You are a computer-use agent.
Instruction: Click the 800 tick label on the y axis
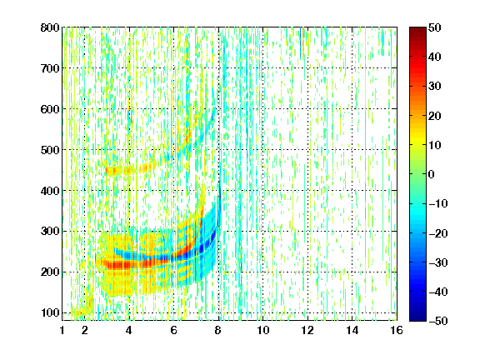pyautogui.click(x=50, y=27)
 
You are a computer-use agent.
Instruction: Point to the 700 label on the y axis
pyautogui.click(x=50, y=68)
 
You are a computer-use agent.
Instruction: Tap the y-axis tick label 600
pyautogui.click(x=50, y=109)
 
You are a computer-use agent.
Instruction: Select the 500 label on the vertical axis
pyautogui.click(x=50, y=150)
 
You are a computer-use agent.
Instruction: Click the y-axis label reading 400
pyautogui.click(x=50, y=191)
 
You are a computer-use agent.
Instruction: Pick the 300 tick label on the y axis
pyautogui.click(x=50, y=232)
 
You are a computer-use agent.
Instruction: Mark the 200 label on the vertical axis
pyautogui.click(x=50, y=272)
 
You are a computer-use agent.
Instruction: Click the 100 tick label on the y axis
pyautogui.click(x=50, y=312)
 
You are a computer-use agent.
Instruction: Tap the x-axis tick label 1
pyautogui.click(x=62, y=330)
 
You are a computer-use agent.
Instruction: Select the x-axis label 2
pyautogui.click(x=85, y=330)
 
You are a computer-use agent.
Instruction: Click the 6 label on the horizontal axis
pyautogui.click(x=174, y=330)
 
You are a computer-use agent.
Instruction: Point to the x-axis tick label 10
pyautogui.click(x=263, y=330)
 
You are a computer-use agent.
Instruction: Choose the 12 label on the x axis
pyautogui.click(x=307, y=330)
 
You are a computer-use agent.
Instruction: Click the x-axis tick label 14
pyautogui.click(x=352, y=330)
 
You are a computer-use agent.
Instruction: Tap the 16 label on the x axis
pyautogui.click(x=397, y=330)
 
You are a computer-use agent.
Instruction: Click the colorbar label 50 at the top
pyautogui.click(x=434, y=27)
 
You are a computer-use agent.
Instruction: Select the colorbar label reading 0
pyautogui.click(x=432, y=174)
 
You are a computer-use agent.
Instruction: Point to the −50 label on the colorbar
pyautogui.click(x=437, y=321)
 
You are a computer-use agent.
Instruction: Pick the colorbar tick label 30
pyautogui.click(x=434, y=87)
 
